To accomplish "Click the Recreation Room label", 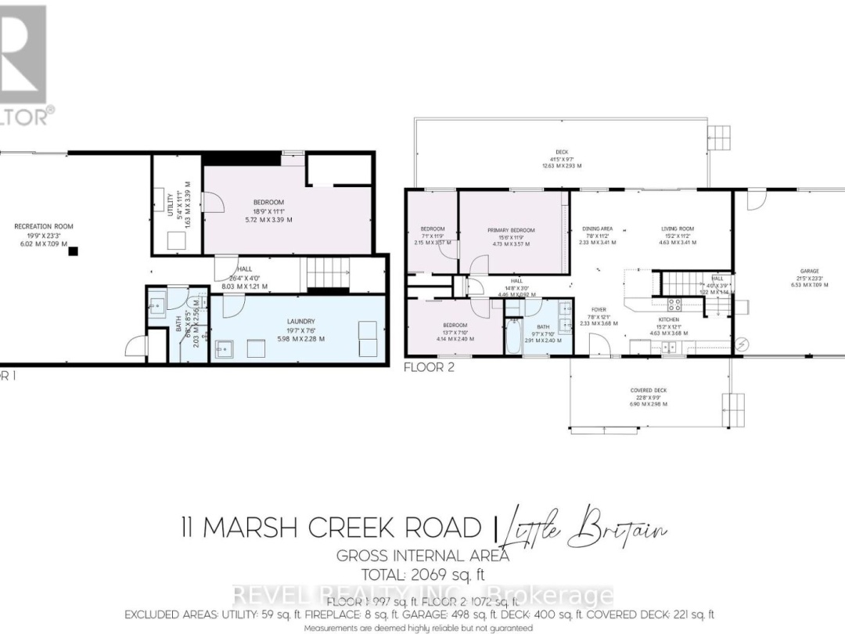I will click(44, 226).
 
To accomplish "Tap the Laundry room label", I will click(300, 321).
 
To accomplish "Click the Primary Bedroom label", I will click(511, 230).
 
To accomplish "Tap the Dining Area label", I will click(598, 229).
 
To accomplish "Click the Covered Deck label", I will click(648, 390).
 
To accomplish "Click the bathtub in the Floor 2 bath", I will click(513, 337).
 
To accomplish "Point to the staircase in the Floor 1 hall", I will click(321, 273).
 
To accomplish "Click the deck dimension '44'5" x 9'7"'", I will click(562, 159).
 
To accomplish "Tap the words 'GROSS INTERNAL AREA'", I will click(422, 556).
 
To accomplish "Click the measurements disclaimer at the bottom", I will click(419, 628).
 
